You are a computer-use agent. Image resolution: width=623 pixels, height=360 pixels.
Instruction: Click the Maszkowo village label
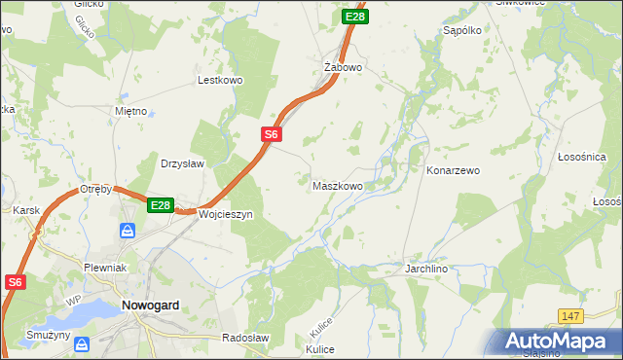338,185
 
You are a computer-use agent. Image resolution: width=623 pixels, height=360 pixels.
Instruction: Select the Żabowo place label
343,67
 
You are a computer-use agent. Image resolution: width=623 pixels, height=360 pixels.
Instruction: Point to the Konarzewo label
454,170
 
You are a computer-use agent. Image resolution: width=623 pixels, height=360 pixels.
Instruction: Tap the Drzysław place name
182,163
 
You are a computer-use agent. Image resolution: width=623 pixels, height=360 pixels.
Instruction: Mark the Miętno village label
130,111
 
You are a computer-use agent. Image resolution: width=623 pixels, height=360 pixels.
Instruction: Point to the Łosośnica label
582,157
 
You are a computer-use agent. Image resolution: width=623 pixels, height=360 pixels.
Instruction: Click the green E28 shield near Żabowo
355,17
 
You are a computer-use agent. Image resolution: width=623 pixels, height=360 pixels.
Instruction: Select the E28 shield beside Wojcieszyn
161,205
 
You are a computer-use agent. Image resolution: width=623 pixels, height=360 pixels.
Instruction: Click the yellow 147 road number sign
571,316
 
